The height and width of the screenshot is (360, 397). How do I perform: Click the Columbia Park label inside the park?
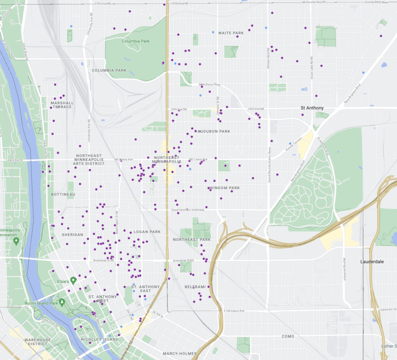pos(135,41)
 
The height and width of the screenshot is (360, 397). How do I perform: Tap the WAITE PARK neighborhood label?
pos(231,33)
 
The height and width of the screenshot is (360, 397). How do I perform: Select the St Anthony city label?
pos(312,108)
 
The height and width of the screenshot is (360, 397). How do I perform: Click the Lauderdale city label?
pos(372,262)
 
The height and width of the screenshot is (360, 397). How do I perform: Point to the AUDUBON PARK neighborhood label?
pos(214,131)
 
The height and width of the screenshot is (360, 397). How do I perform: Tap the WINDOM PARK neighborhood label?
pos(224,188)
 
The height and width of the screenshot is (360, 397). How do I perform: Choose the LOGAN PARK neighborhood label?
pos(147,232)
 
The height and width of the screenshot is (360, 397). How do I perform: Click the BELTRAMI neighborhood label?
pos(195,287)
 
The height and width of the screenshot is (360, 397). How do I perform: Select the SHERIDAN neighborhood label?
pos(72,235)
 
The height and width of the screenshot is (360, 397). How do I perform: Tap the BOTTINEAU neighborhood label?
pos(63,194)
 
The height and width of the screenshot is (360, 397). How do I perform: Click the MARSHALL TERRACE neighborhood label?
pos(62,105)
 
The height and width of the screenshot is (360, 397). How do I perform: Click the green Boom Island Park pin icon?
pos(62,302)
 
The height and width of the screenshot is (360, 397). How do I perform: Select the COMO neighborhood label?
pos(288,336)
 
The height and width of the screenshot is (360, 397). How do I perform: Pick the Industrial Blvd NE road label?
pos(344,269)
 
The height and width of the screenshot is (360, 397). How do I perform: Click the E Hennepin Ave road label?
pos(235,311)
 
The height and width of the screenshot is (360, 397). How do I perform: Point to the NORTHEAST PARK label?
pos(192,240)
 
